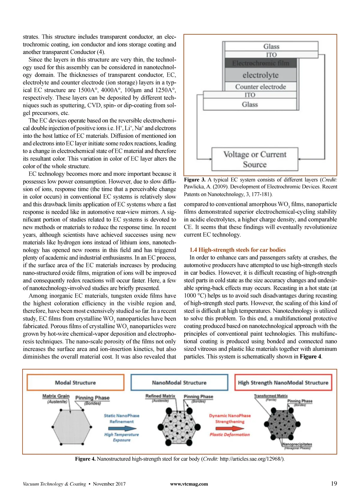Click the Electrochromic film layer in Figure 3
[x=260, y=63]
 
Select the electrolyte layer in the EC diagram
[x=260, y=75]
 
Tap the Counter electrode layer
[x=260, y=87]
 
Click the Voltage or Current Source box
[x=255, y=159]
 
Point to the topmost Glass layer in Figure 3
[x=271, y=46]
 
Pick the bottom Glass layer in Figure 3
[x=250, y=104]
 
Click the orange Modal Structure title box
[x=75, y=382]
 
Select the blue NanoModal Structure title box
[x=179, y=382]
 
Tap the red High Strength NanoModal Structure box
[x=283, y=382]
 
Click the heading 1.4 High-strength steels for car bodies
[x=237, y=250]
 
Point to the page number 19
[x=334, y=484]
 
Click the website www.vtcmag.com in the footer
[x=189, y=484]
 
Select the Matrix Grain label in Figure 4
[x=56, y=396]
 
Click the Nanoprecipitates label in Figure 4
[x=297, y=444]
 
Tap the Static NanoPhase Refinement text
[x=121, y=418]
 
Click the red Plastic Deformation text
[x=229, y=434]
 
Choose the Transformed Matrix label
[x=271, y=396]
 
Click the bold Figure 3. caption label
[x=194, y=180]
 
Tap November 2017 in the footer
[x=109, y=484]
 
